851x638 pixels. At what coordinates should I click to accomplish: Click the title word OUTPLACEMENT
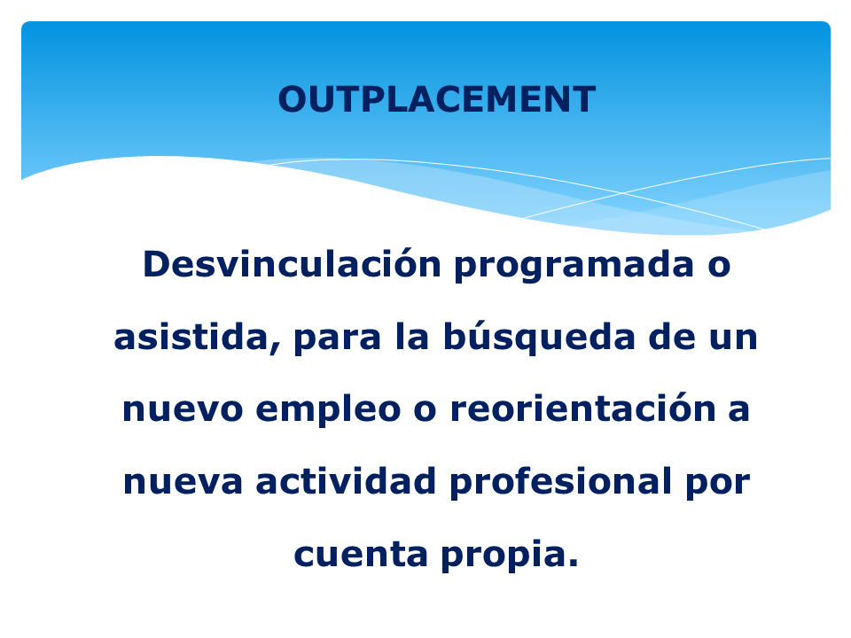437,99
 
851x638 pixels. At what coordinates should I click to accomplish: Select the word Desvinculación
292,263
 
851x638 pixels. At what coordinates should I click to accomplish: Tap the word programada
574,267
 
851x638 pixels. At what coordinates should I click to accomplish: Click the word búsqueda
539,337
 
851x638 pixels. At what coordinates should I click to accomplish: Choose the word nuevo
183,409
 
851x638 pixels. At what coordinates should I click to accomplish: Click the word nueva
183,482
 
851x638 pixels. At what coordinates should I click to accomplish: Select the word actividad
346,480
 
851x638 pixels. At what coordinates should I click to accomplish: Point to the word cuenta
361,554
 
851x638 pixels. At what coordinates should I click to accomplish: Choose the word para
338,340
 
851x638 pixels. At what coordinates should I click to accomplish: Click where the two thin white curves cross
622,193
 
